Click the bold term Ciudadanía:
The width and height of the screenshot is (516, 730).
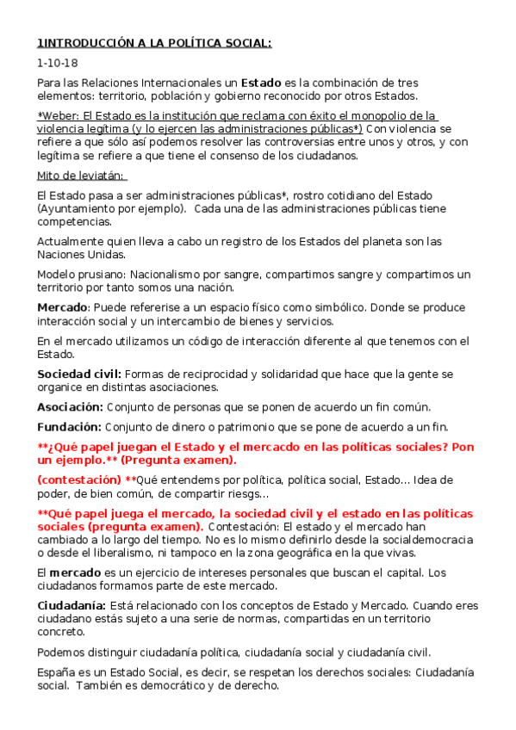(71, 605)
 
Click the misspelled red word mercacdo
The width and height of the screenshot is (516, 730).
(303, 447)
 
